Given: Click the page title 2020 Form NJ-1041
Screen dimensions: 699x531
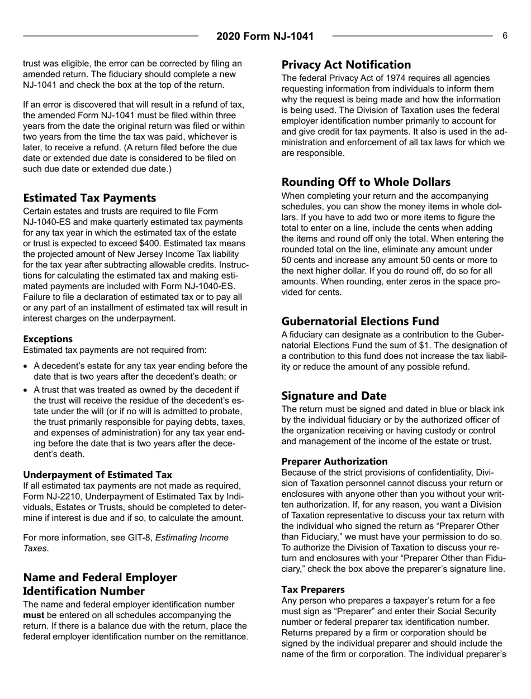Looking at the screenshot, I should click(265, 37).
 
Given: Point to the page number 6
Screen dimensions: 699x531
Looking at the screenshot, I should click(504, 36).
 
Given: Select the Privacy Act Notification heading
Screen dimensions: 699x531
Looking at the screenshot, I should click(346, 64).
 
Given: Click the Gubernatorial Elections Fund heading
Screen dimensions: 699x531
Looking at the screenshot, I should click(360, 321).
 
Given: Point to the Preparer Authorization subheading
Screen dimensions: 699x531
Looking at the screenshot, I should click(334, 461).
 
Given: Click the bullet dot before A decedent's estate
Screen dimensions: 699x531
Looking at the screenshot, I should click(27, 366).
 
